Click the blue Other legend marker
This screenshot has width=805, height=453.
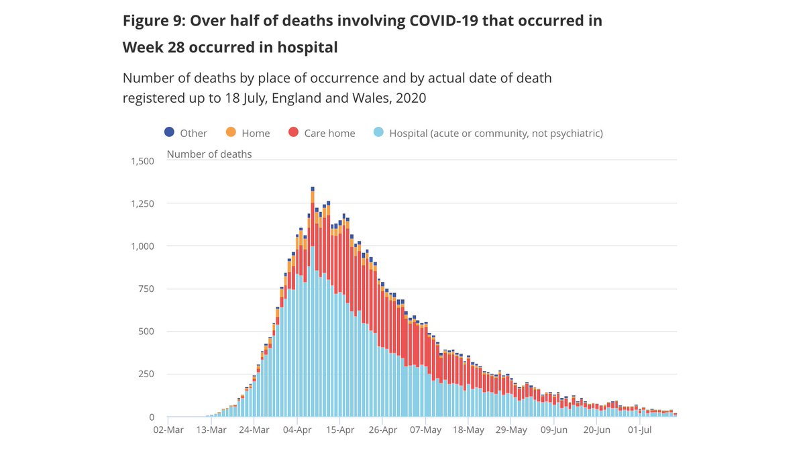(x=169, y=133)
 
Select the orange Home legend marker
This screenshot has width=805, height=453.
(x=231, y=133)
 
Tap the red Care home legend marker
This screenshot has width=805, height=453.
(x=293, y=133)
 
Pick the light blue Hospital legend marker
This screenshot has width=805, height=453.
(x=378, y=133)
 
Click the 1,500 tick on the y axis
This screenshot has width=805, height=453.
(x=142, y=161)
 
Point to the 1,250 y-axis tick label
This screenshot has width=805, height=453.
(x=142, y=203)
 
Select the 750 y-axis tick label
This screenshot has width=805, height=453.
(x=147, y=289)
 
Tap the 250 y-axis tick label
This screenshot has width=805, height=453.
(x=147, y=374)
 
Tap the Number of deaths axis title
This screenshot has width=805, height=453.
(x=209, y=154)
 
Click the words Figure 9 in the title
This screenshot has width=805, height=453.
(x=152, y=21)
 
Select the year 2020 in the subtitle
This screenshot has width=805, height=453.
(x=411, y=97)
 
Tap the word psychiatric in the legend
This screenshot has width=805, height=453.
(x=574, y=133)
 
